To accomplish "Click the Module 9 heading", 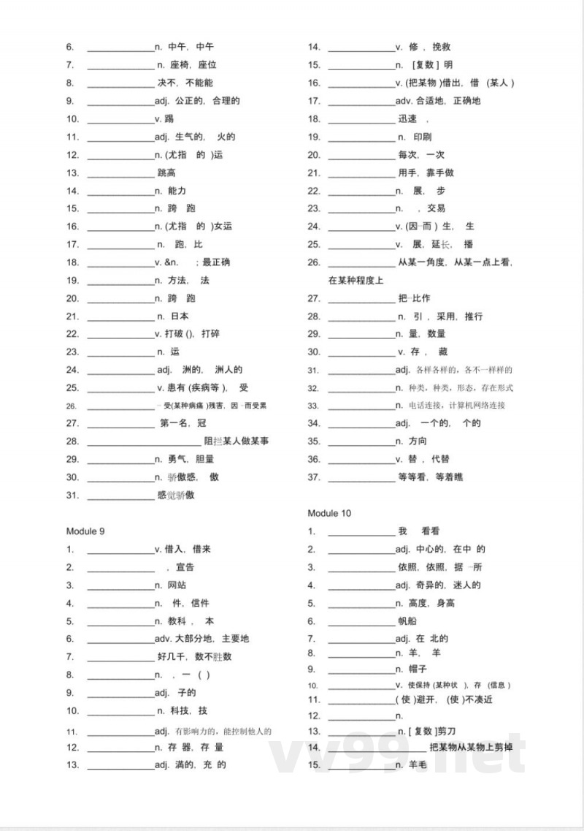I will (85, 531).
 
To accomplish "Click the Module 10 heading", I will (329, 513).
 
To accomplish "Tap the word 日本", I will (180, 316).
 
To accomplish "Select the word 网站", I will (177, 585).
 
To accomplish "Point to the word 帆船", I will (407, 621).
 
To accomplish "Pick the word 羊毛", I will (418, 764).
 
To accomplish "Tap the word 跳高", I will (166, 172).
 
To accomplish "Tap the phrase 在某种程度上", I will (356, 280).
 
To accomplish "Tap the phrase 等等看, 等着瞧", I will (430, 477).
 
